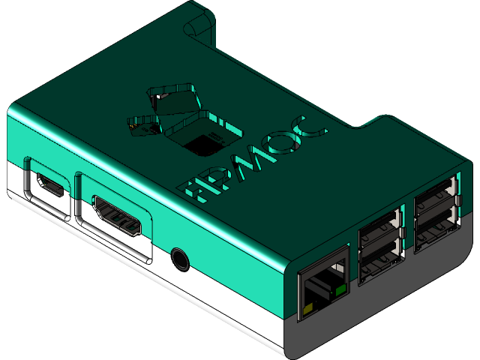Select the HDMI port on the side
tap(117, 214)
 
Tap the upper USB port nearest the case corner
tap(436, 196)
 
